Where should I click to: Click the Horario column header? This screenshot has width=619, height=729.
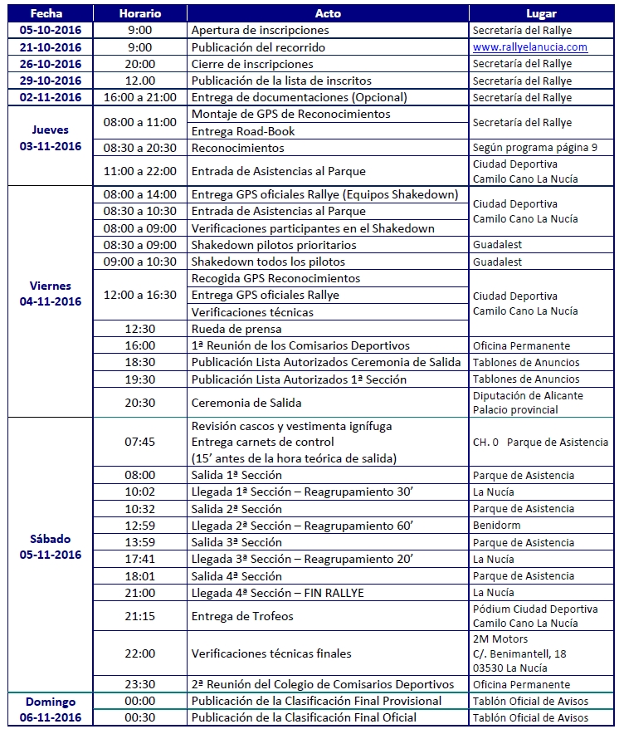click(139, 14)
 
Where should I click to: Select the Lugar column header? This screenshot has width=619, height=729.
click(541, 14)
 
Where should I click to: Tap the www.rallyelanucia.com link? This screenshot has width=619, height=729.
click(530, 47)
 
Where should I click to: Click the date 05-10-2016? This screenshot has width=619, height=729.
click(51, 31)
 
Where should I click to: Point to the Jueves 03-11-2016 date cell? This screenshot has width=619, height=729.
click(51, 138)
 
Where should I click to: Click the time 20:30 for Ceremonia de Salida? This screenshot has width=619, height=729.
click(139, 403)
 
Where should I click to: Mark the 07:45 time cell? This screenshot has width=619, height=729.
click(139, 442)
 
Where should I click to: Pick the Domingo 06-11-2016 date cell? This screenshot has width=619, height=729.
click(51, 709)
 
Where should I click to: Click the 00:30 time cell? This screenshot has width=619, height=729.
click(139, 717)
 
